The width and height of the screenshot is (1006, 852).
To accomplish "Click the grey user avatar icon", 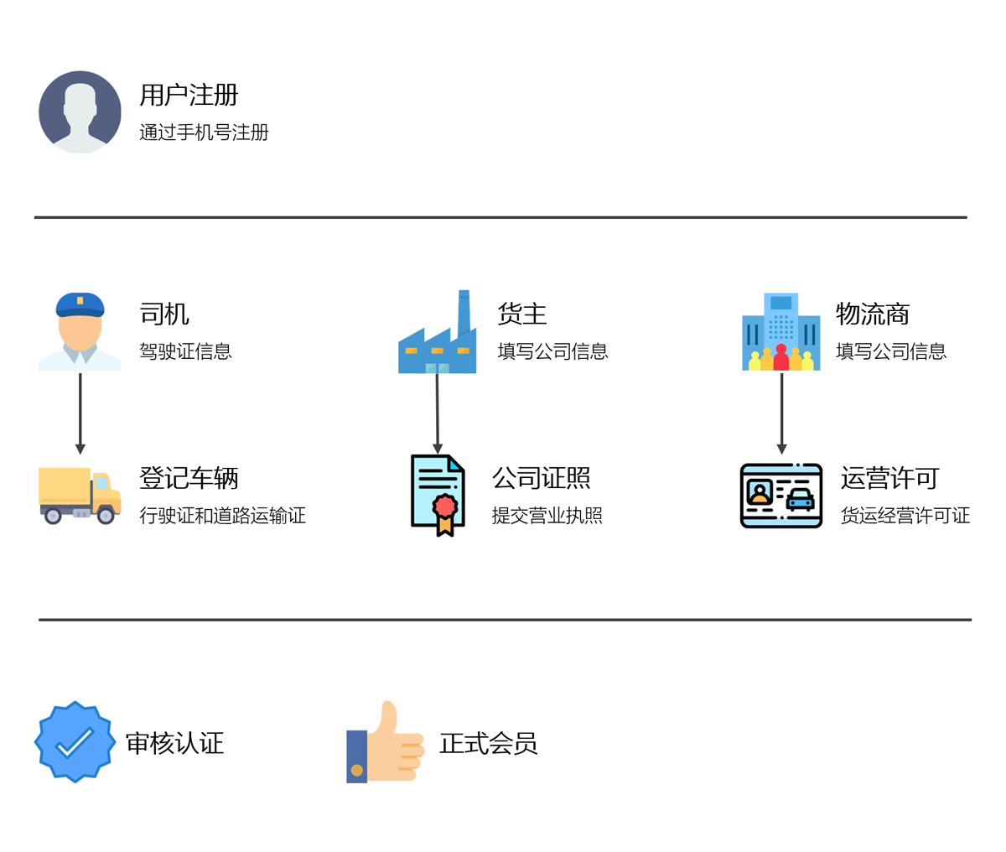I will pyautogui.click(x=80, y=112).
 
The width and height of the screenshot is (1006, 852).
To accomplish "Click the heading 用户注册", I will pyautogui.click(x=189, y=95).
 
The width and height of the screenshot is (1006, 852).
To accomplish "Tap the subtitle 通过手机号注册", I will pyautogui.click(x=204, y=132).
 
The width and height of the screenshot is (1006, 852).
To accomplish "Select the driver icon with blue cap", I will pyautogui.click(x=80, y=331).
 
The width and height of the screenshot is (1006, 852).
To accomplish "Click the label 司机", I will pyautogui.click(x=164, y=314).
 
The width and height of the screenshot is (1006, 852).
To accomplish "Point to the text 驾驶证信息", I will pyautogui.click(x=185, y=351).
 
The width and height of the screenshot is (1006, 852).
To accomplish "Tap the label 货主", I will pyautogui.click(x=521, y=314).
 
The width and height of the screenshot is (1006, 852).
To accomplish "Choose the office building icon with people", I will pyautogui.click(x=780, y=332).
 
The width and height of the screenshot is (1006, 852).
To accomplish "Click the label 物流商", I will pyautogui.click(x=873, y=314).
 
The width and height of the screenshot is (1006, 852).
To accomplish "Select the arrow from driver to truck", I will pyautogui.click(x=80, y=413).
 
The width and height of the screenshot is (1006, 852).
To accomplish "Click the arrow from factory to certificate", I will pyautogui.click(x=437, y=413).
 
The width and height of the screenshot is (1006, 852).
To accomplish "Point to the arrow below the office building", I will pyautogui.click(x=781, y=413).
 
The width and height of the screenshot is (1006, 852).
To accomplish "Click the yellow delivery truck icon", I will pyautogui.click(x=80, y=495).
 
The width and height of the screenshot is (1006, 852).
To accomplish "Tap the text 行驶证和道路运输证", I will pyautogui.click(x=222, y=516).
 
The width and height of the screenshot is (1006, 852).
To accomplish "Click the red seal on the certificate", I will pyautogui.click(x=444, y=506).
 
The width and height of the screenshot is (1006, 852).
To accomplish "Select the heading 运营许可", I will pyautogui.click(x=889, y=479).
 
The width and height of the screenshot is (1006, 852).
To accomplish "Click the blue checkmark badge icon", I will pyautogui.click(x=75, y=742).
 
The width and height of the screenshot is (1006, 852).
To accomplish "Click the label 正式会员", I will pyautogui.click(x=488, y=743).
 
